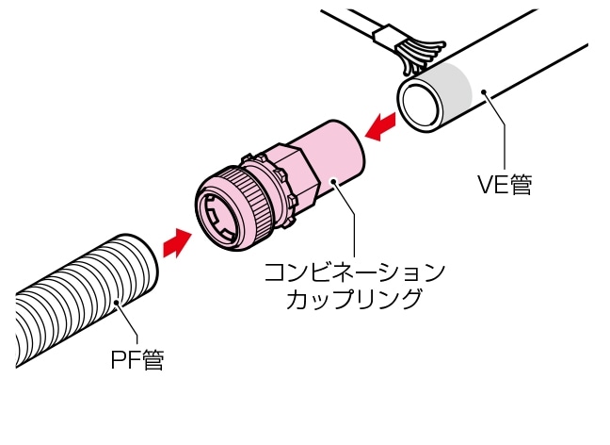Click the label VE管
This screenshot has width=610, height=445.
[x=505, y=186]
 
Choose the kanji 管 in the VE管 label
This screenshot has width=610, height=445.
[x=520, y=186]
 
